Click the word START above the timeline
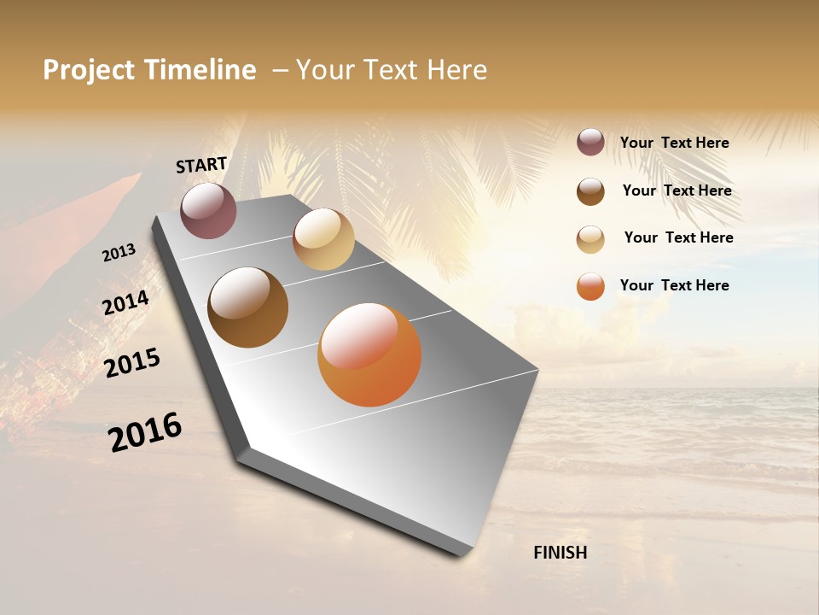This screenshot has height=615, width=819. pyautogui.click(x=201, y=165)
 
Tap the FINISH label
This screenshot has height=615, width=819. pyautogui.click(x=561, y=553)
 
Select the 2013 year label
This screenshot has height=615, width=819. pyautogui.click(x=119, y=253)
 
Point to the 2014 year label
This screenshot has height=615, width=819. pyautogui.click(x=126, y=303)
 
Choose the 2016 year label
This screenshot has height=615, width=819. pyautogui.click(x=145, y=432)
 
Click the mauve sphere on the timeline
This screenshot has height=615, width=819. pyautogui.click(x=208, y=210)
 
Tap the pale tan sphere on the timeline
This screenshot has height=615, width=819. pyautogui.click(x=323, y=239)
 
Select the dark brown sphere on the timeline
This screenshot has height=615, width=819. pyautogui.click(x=247, y=307)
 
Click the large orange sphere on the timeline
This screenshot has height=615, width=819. pyautogui.click(x=369, y=354)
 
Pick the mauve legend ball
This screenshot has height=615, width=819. pyautogui.click(x=590, y=142)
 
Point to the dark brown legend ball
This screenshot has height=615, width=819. pyautogui.click(x=590, y=191)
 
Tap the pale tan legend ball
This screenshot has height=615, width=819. pyautogui.click(x=590, y=239)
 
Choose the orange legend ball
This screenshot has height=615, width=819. pyautogui.click(x=590, y=286)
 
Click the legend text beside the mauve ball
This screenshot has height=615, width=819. pyautogui.click(x=674, y=143)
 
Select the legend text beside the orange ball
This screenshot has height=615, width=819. pyautogui.click(x=674, y=285)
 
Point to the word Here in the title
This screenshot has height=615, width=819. pyautogui.click(x=457, y=70)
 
